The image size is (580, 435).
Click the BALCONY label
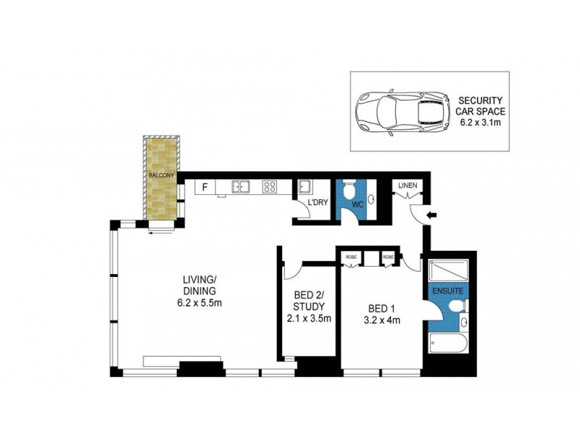(160, 176)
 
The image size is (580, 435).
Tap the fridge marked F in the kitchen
(204, 188)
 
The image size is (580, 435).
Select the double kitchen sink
(241, 187)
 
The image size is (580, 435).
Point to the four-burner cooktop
(269, 187)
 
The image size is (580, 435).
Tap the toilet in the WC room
(349, 192)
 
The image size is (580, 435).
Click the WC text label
(357, 206)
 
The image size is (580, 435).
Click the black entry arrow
(431, 215)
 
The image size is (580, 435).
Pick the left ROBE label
(350, 257)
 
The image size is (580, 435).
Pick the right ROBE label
(388, 257)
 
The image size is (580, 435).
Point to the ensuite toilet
(456, 308)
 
